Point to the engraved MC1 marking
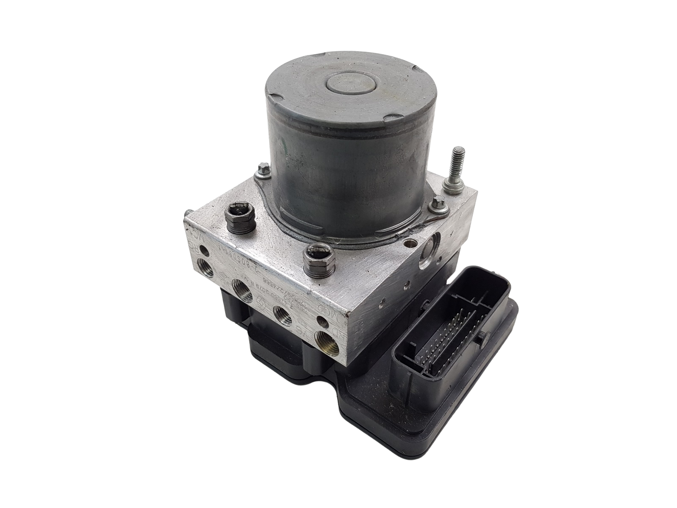tap(191, 233)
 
